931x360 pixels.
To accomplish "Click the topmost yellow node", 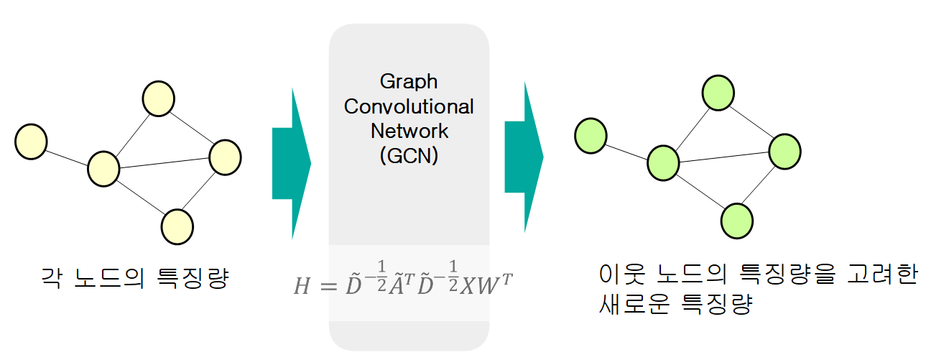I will click(158, 98).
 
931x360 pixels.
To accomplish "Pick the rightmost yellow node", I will click(225, 156).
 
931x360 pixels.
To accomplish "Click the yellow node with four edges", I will click(103, 169).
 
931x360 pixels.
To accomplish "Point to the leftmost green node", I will click(590, 134).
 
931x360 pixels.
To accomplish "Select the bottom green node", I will click(736, 220).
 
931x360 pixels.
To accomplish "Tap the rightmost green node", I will click(784, 150).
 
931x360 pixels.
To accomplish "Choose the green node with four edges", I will click(664, 163).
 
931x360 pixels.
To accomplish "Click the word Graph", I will click(408, 80).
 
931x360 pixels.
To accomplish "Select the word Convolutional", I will click(409, 106).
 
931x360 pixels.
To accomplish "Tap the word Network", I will click(409, 131).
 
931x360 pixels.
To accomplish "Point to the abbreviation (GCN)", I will click(409, 156).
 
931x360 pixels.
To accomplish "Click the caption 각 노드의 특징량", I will click(135, 277).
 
